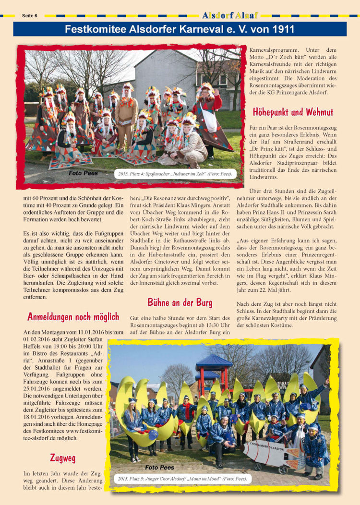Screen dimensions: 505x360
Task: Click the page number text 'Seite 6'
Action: [29, 16]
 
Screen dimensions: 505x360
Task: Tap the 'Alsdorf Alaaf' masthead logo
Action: [230, 15]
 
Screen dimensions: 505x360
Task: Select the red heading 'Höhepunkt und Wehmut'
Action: [293, 112]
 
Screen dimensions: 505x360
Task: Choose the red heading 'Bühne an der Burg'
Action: [180, 302]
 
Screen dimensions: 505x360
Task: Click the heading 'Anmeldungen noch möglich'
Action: [73, 317]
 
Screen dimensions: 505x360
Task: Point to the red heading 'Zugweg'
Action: [63, 458]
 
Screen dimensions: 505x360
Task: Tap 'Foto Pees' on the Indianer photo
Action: [83, 173]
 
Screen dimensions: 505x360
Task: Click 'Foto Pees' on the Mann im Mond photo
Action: [159, 467]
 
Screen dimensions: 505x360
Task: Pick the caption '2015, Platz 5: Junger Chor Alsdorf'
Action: [183, 479]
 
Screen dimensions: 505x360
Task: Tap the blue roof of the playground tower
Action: [214, 360]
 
